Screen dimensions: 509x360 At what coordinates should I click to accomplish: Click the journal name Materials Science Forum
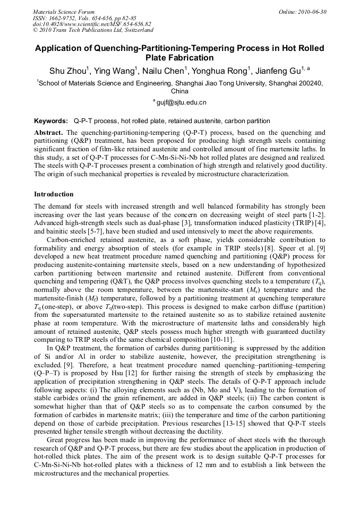pos(64,11)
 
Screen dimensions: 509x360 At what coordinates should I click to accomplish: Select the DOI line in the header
pos(92,24)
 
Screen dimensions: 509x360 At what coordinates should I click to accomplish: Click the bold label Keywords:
pos(51,121)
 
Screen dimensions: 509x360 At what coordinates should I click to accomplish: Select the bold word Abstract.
pos(49,132)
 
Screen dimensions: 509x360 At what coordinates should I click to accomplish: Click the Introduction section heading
pos(54,194)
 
